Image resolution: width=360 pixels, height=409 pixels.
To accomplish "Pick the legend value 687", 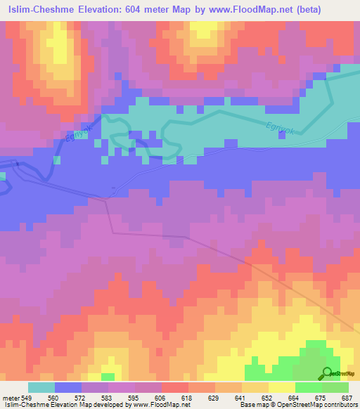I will [x=347, y=398].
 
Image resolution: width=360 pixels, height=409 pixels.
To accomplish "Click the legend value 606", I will [x=162, y=398].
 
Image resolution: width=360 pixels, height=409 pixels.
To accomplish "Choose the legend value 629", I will [x=214, y=398].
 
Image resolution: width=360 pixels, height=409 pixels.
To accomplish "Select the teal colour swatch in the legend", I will [x=41, y=387].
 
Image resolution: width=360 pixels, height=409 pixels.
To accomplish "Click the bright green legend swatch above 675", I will [x=309, y=387].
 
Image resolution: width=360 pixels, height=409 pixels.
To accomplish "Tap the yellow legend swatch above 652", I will [x=255, y=387].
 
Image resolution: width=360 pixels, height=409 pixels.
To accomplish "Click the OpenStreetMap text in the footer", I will [x=328, y=405].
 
